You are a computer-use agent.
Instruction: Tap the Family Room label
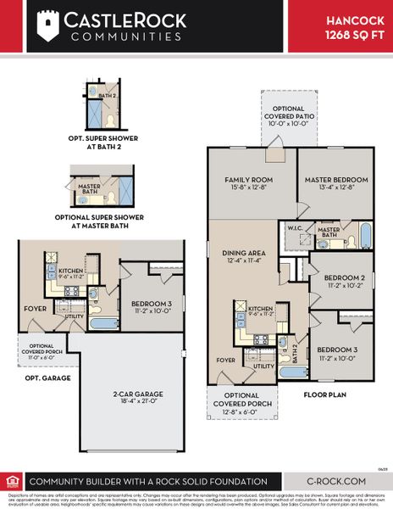point(248,184)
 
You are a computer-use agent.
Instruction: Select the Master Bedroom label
point(338,184)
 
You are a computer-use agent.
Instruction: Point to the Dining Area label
point(245,257)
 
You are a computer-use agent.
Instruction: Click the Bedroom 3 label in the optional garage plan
point(154,307)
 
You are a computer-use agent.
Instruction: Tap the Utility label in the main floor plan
point(263,366)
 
